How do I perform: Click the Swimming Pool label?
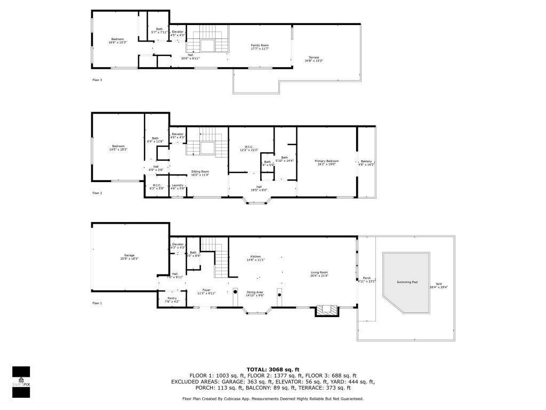407,282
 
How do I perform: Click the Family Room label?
260,46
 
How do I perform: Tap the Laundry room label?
178,185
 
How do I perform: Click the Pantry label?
172,298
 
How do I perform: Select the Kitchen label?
255,257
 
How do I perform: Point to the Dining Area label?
255,292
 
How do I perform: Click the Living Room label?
319,273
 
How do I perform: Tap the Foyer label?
206,290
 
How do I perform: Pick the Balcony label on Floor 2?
366,162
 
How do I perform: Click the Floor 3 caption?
97,80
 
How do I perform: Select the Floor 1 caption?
97,303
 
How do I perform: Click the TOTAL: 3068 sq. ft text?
272,369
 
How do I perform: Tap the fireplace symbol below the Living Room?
327,309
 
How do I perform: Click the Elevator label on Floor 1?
178,245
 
